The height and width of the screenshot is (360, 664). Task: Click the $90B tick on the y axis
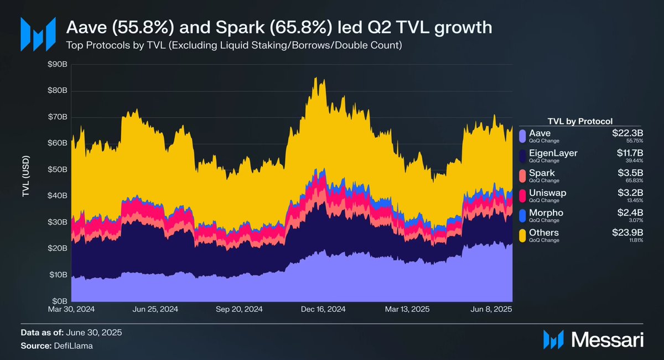[x=58, y=65]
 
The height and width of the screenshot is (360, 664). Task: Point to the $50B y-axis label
[x=58, y=169]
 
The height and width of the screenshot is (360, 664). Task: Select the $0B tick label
[x=60, y=301]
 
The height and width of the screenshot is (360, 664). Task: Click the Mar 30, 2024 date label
[x=71, y=310]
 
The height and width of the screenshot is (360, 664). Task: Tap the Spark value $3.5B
[x=628, y=173]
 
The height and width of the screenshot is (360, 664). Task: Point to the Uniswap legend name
[x=547, y=192]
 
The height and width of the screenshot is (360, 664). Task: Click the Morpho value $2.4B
[x=628, y=212]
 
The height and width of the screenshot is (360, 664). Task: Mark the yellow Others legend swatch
[x=522, y=236]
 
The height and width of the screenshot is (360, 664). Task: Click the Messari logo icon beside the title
[x=38, y=34]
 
